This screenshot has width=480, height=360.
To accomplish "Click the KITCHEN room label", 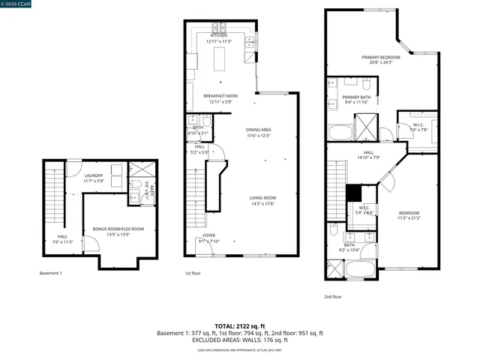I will click(x=219, y=35).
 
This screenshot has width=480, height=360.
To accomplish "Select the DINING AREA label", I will click(x=258, y=130).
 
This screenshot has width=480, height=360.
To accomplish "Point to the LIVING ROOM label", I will click(x=263, y=197).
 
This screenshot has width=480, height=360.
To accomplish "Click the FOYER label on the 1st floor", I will click(x=208, y=235).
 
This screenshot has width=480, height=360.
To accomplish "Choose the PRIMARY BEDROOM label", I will click(x=380, y=57).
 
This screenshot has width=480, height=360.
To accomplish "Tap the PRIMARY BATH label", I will click(x=357, y=97).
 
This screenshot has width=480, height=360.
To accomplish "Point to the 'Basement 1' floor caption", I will click(x=50, y=273).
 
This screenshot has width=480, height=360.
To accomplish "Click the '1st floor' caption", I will click(x=193, y=273).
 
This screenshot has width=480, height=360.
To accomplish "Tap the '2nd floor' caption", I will click(x=332, y=296).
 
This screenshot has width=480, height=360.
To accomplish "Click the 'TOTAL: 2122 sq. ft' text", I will click(x=239, y=326).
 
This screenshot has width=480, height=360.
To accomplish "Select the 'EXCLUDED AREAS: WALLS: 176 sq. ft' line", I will click(x=239, y=340).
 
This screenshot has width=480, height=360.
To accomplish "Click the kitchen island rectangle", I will click(x=220, y=58).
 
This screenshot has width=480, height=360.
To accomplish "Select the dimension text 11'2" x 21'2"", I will click(x=409, y=218).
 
